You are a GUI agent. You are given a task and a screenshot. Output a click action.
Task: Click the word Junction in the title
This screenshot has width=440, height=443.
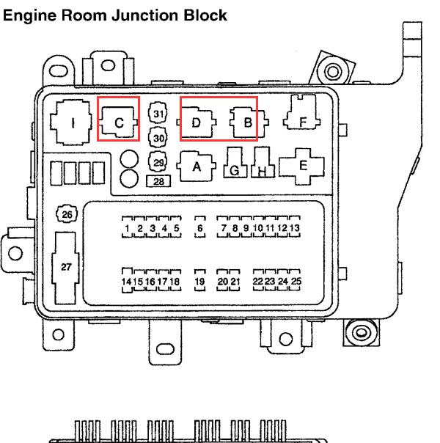pos(145,15)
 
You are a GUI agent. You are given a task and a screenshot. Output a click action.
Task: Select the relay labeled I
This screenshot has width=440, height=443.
pos(71,122)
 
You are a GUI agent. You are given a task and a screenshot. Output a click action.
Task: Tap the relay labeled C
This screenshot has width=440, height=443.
pos(118,122)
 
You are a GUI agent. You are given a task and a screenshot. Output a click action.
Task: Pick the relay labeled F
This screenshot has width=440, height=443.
pos(302,112)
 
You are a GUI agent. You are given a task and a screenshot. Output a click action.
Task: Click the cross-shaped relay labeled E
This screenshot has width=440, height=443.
pos(301,166)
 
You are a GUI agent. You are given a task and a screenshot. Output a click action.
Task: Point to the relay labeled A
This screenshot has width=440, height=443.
pos(197,166)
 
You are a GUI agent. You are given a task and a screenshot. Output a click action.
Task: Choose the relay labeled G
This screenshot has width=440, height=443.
pos(235,162)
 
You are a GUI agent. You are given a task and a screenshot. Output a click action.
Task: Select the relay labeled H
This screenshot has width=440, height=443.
pos(263,162)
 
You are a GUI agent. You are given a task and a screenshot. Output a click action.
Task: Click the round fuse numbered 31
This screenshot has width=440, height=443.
pos(158,113)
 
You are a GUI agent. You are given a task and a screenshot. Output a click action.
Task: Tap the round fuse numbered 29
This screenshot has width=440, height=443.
pos(158,162)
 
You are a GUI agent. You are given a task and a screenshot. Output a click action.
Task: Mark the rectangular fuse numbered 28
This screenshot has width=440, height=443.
pos(158,181)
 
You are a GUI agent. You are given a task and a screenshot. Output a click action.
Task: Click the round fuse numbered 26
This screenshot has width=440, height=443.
pos(67,214)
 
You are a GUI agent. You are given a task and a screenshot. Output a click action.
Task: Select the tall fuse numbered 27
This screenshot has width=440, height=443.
pos(65,268)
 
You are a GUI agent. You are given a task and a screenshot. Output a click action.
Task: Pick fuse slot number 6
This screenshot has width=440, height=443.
pos(200,227)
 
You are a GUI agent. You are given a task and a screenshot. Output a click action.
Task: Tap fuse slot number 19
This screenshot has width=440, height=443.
pos(200,281)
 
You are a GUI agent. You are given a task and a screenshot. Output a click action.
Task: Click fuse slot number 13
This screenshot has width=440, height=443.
pos(295,227)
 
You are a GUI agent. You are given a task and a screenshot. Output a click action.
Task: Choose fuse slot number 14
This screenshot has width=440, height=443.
pos(127,280)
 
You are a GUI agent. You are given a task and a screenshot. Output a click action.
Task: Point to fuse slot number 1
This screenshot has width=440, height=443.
pos(127,227)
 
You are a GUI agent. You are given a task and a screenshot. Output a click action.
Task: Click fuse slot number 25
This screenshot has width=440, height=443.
pos(295,280)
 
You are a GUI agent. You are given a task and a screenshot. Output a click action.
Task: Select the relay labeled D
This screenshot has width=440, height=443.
pos(197,122)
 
